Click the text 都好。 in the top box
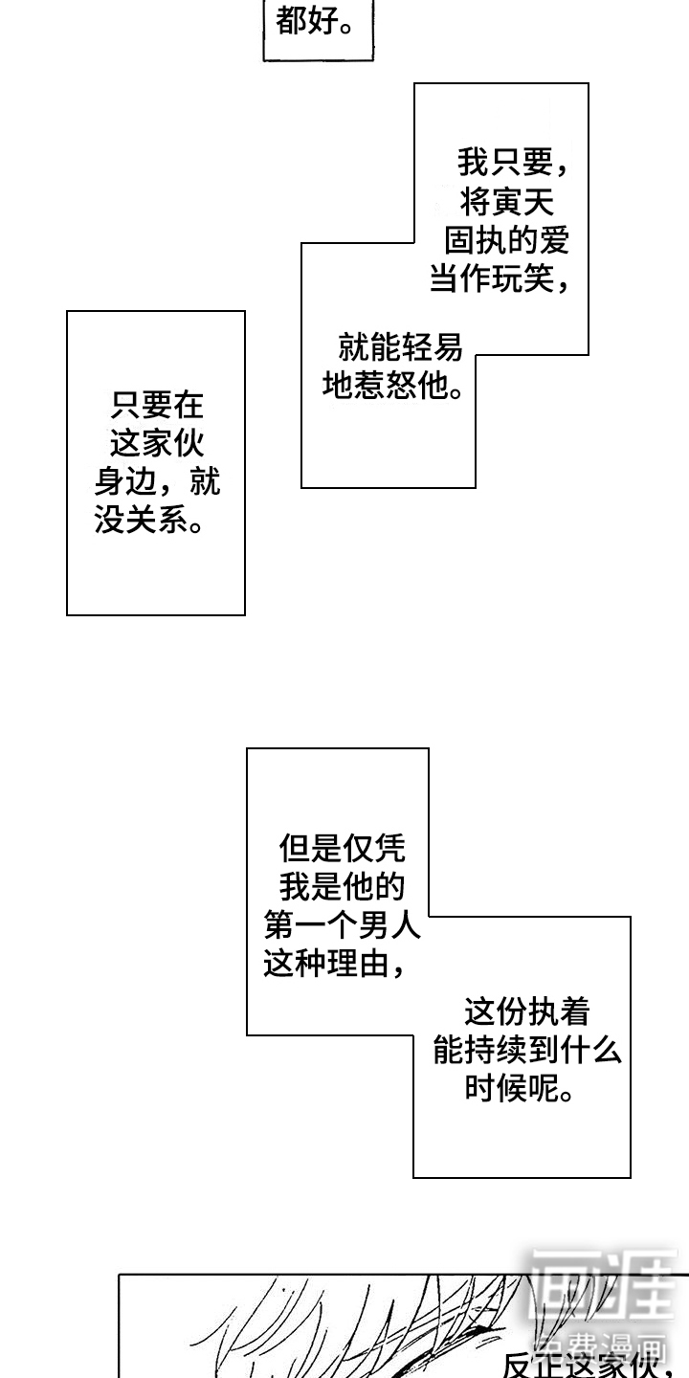tap(315, 22)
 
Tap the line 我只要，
tap(513, 163)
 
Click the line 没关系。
tap(150, 522)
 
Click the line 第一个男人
tap(342, 925)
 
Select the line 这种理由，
tap(335, 965)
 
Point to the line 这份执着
tap(526, 1012)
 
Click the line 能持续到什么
tap(527, 1051)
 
